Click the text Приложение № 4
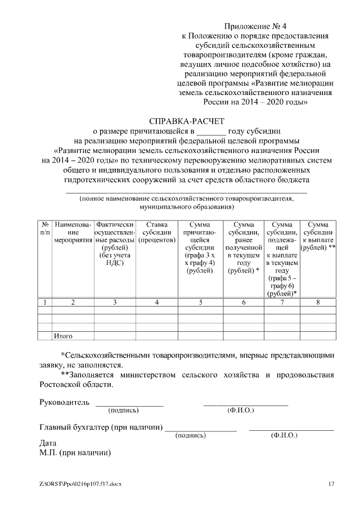(255, 26)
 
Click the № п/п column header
(44, 228)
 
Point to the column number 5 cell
(201, 303)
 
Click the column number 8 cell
(318, 303)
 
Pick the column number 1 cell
(44, 303)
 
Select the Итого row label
(63, 336)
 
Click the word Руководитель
(64, 403)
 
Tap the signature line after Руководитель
(129, 405)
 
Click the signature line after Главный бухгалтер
(201, 431)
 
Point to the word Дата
(48, 443)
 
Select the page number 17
(331, 484)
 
